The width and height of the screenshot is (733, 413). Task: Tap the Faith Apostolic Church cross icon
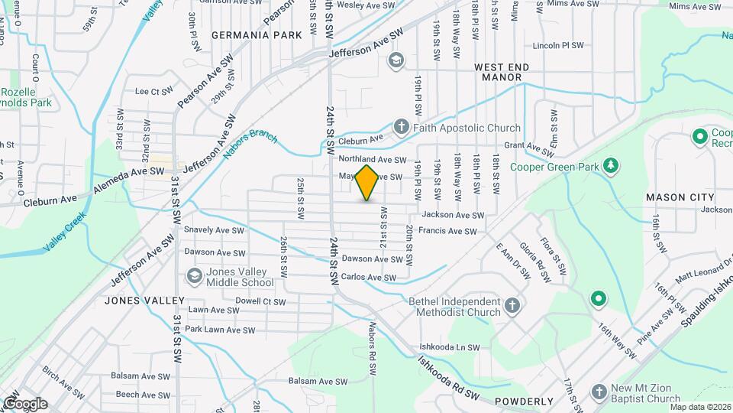tap(402, 128)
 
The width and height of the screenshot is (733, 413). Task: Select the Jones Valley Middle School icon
tap(194, 276)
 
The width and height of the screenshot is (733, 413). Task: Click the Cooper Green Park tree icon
tap(610, 165)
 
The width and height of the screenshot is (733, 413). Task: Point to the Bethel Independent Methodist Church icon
tap(512, 306)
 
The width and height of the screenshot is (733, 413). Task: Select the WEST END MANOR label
tap(502, 73)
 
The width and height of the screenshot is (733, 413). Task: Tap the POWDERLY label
tap(524, 402)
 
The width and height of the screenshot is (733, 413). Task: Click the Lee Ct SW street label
tap(154, 92)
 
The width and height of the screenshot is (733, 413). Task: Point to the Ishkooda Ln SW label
tap(449, 346)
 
